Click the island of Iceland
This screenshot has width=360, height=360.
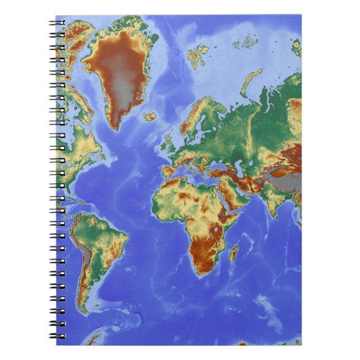point(149,117)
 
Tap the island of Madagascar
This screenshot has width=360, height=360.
point(234,253)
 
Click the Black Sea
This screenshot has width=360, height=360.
point(216,164)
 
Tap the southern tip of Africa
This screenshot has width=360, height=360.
point(203,273)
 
